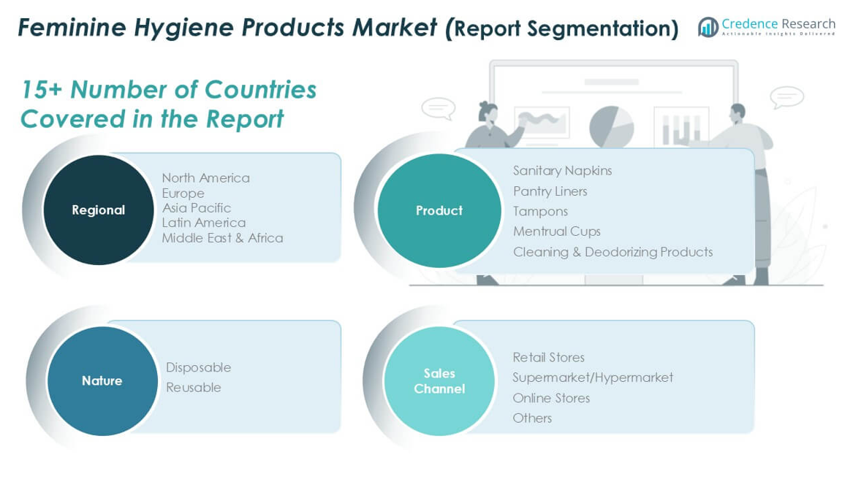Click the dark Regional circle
[99, 210]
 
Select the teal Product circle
[439, 210]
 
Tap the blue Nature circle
[102, 380]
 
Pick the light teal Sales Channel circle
[439, 380]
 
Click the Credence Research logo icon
[708, 26]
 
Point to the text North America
[205, 177]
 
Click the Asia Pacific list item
[197, 207]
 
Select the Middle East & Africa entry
[222, 237]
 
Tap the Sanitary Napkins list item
[563, 171]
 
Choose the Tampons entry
[540, 212]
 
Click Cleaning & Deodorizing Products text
[613, 252]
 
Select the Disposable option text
[199, 367]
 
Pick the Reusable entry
[194, 388]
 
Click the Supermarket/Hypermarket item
[593, 377]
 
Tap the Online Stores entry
[551, 398]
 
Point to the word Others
[532, 418]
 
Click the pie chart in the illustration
[612, 127]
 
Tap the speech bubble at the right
[786, 98]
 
